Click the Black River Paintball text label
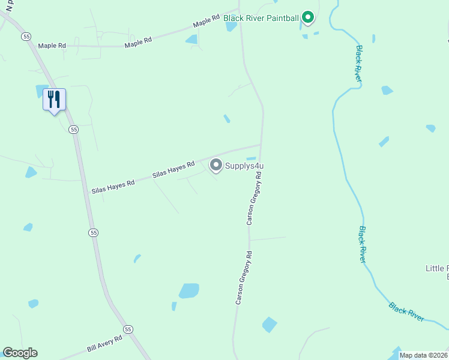pos(261,18)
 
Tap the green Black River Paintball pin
pos(308,17)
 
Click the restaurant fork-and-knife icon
pos(54,99)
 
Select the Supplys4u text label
pos(245,166)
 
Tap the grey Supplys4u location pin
pos(215,164)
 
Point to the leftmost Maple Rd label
pos(52,46)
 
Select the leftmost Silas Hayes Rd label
pos(112,186)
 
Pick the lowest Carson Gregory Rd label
pos(243,278)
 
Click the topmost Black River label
pos(358,64)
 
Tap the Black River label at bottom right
pos(406,312)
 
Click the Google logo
pos(20,353)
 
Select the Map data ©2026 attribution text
pos(424,355)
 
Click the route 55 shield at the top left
pos(26,37)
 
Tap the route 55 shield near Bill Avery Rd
pos(128,329)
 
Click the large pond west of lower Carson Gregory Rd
pos(189,290)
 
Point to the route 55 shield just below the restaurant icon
pos(74,129)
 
